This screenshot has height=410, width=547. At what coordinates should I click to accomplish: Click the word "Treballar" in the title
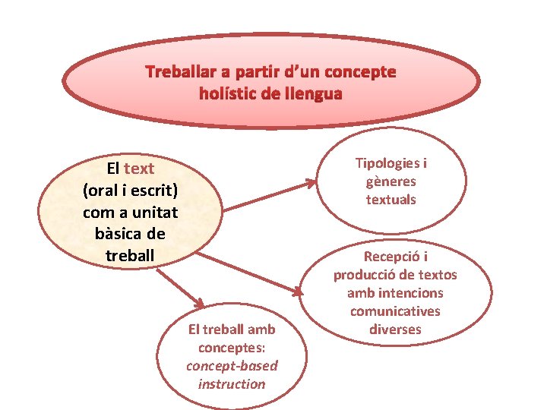point(179,73)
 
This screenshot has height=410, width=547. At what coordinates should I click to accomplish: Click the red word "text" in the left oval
point(139,169)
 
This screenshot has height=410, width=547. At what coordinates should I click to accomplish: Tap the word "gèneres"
point(391,181)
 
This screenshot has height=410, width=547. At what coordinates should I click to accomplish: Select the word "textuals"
point(391,200)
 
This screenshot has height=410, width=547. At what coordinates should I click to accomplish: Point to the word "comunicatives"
point(395,311)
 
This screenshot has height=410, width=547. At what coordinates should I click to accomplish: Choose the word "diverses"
point(395,330)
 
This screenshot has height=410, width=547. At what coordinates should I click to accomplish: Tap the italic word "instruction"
point(232,384)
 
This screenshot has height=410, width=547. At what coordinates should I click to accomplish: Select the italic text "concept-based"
point(232,366)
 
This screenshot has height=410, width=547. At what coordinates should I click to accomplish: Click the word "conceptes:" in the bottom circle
point(232,348)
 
